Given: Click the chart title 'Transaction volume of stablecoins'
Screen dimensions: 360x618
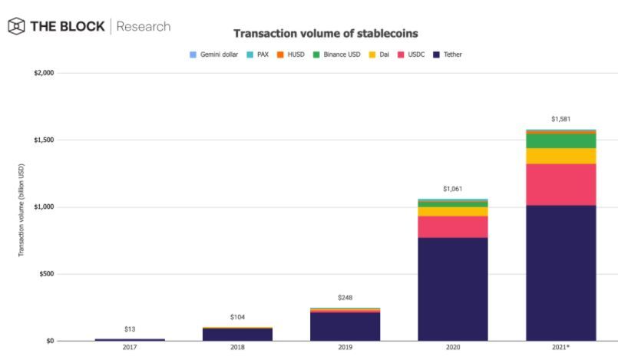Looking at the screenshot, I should tap(325, 34).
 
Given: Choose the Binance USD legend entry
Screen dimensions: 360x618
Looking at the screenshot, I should tap(336, 55).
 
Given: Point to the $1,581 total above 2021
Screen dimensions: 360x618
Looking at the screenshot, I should tap(561, 119).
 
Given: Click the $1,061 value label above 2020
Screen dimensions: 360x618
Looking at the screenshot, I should tap(453, 189).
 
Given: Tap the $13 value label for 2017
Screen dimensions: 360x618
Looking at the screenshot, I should tap(130, 329).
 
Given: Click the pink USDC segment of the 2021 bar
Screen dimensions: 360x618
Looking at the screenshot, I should tap(561, 184).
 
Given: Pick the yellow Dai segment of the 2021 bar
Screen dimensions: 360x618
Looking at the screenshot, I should tap(561, 156).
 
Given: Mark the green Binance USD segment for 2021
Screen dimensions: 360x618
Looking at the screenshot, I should tap(561, 140).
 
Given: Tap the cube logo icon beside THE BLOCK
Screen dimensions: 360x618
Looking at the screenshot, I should tap(15, 26).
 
